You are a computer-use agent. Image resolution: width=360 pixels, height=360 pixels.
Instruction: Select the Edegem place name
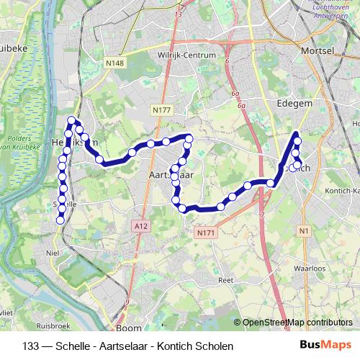294,104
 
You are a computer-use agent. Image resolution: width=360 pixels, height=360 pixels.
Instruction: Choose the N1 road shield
304,230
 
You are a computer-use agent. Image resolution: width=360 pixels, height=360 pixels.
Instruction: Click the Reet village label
226,280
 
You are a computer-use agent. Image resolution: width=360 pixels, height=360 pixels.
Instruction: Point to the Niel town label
51,253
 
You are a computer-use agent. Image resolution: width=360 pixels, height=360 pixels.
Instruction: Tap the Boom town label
129,328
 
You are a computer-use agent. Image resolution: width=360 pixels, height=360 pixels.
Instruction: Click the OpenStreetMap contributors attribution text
297,323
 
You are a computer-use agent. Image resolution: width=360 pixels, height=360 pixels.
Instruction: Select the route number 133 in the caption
32,346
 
